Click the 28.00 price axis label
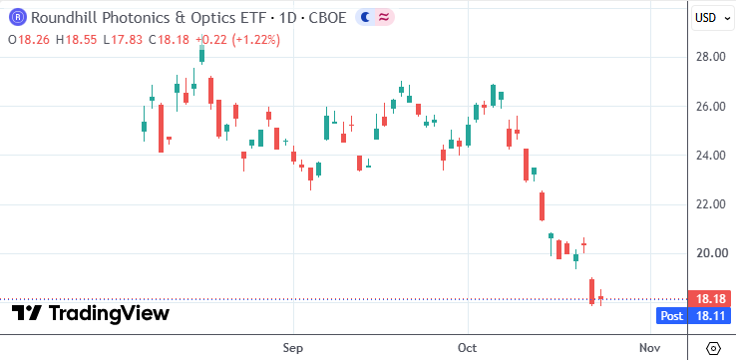[711, 57]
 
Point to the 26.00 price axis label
[711, 107]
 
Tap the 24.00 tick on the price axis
[711, 156]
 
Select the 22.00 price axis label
[711, 204]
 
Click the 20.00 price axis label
[711, 253]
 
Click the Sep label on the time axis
[293, 348]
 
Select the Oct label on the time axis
[468, 348]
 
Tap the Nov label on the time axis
[650, 348]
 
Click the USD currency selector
[712, 18]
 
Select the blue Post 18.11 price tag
[694, 316]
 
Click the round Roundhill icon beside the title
[18, 18]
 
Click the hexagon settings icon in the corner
[713, 349]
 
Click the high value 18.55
[81, 40]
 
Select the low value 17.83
[127, 40]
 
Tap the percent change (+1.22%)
[254, 40]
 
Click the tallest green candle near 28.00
[201, 52]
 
